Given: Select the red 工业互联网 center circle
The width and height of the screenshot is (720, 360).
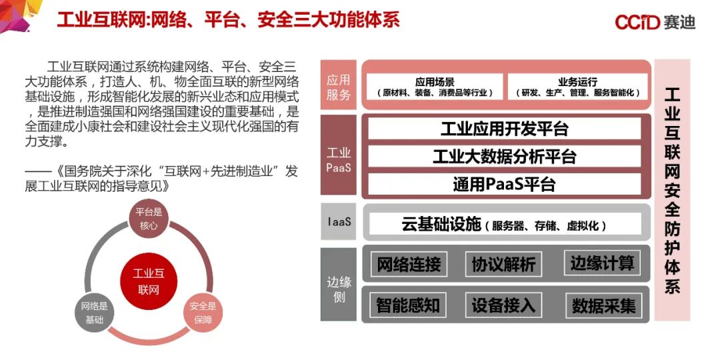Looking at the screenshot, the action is coord(149,281).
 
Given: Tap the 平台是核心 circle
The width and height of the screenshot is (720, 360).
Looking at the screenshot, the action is coord(149,219).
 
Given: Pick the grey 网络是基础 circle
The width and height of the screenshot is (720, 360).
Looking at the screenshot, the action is coord(95,313).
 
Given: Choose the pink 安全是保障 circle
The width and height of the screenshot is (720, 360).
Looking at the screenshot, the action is coord(203,313).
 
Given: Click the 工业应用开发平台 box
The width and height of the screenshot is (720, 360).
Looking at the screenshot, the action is coord(504,128).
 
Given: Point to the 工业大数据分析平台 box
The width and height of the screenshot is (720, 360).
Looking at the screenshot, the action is coord(504,157).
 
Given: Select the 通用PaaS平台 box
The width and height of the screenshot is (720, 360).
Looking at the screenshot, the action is coord(504,184).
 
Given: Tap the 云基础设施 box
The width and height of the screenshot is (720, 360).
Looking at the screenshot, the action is coord(504,225).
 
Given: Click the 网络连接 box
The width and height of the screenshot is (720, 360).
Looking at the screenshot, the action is coord(409,264).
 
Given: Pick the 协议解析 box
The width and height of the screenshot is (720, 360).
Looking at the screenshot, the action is coord(503,264).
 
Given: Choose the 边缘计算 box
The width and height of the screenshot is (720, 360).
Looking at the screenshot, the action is coord(602,263).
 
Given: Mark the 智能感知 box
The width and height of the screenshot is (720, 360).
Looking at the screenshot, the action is coord(408,305).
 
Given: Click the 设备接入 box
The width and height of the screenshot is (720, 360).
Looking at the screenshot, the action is coord(503,305).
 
